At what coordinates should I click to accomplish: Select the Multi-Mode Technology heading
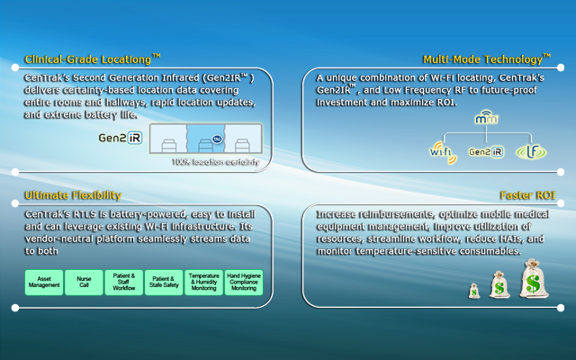point(487,60)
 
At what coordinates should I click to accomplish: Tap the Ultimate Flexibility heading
point(73,195)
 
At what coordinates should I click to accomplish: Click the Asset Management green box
point(44,283)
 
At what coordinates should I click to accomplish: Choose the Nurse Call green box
point(84,283)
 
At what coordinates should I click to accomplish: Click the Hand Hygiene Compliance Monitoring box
point(243,283)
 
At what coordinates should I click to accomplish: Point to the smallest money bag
point(474,291)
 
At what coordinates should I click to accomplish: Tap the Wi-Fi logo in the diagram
point(441,151)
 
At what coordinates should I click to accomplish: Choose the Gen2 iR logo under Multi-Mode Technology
point(486,152)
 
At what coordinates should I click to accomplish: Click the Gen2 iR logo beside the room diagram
point(121,139)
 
